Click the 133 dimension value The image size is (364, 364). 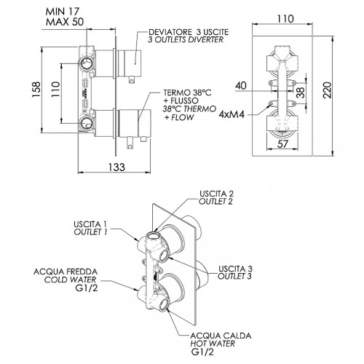pos(116,167)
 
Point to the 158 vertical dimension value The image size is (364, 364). pos(36,90)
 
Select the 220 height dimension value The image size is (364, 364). pos(328,90)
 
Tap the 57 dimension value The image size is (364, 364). pos(282,144)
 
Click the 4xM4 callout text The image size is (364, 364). pos(232,114)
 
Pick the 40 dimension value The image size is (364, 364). pos(240,85)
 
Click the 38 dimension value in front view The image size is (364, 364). pos(301,92)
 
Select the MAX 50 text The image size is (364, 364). pos(65,22)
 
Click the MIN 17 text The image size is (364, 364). pos(63,12)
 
